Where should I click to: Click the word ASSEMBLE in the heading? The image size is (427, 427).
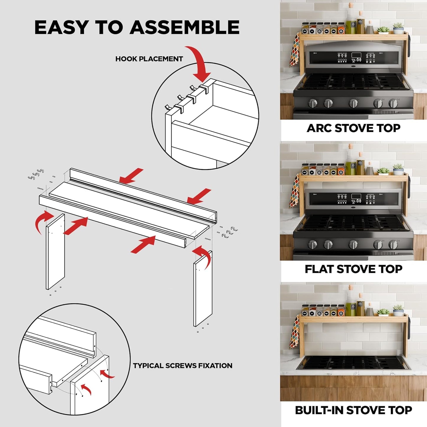coord(184,27)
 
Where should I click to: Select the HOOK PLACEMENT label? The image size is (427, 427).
coord(149,59)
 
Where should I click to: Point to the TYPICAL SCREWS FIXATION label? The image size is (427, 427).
coord(183,366)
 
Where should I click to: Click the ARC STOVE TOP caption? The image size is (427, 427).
coord(353,128)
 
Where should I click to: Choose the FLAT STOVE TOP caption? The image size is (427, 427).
coord(353,269)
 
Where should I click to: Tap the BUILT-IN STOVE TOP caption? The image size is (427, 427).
coord(353,410)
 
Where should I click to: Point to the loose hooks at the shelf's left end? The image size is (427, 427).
coord(36,174)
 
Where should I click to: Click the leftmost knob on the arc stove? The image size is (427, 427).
coord(313,103)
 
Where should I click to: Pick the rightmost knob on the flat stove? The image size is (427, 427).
coord(393,244)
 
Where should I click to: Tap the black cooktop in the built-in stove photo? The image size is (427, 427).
coord(353,362)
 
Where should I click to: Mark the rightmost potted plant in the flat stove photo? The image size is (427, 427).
coord(398,169)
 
